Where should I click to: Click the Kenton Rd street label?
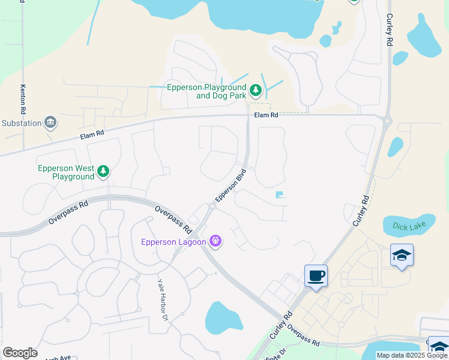23,100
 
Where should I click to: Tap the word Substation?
21,124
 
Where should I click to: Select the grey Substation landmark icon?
50,123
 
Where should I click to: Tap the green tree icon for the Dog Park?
256,91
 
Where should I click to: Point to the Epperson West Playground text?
66,173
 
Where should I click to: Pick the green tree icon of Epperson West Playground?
103,172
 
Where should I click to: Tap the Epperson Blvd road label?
231,187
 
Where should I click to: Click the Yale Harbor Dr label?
163,299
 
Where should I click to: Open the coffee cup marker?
316,276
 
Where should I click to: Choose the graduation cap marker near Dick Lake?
402,256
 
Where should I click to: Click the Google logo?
20,353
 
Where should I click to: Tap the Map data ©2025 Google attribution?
412,355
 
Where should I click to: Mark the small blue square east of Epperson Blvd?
279,194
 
